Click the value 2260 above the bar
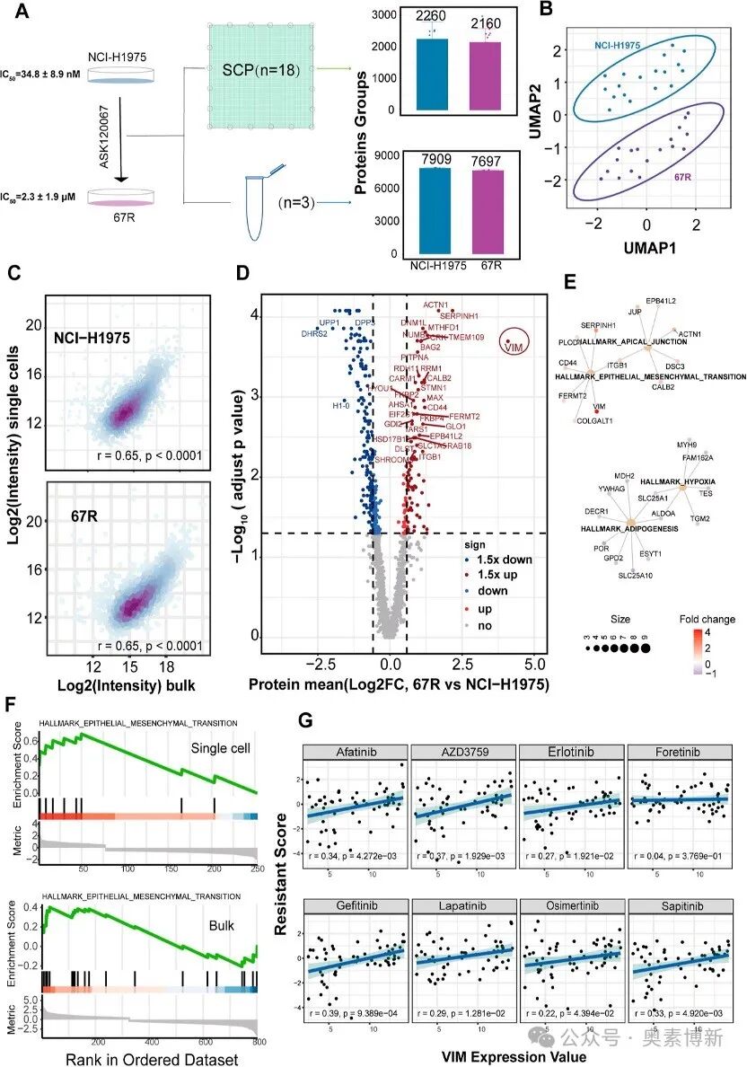coord(432,27)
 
